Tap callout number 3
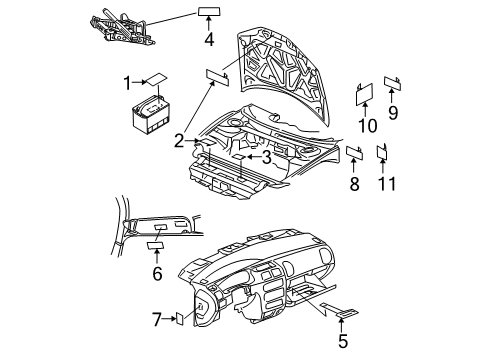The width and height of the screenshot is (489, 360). [x=267, y=156]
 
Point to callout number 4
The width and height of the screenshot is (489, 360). [x=209, y=40]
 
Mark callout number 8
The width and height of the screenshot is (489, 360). [x=354, y=183]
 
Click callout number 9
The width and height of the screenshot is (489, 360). [x=393, y=112]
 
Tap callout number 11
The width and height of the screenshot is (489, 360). [x=384, y=183]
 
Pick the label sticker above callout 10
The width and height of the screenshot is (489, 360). [x=365, y=95]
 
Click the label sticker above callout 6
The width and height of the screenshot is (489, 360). [x=157, y=243]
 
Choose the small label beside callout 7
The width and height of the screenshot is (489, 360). [x=180, y=321]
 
